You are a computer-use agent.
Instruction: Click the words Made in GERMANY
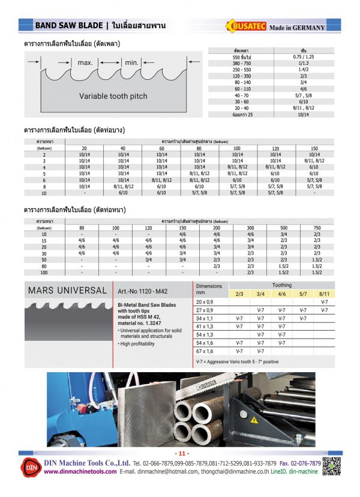pyautogui.click(x=297, y=28)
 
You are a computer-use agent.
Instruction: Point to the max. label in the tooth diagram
pyautogui.click(x=85, y=62)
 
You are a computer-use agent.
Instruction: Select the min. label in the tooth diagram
pyautogui.click(x=131, y=62)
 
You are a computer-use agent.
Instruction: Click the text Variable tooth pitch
pyautogui.click(x=113, y=96)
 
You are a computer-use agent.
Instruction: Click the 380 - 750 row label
pyautogui.click(x=241, y=62)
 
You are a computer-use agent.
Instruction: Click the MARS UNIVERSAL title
pyautogui.click(x=67, y=291)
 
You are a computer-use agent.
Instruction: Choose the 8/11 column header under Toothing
pyautogui.click(x=324, y=294)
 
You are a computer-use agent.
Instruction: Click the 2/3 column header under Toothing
pyautogui.click(x=239, y=294)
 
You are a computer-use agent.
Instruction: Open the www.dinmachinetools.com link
pyautogui.click(x=80, y=472)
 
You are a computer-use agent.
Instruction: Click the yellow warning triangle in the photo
pyautogui.click(x=254, y=418)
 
